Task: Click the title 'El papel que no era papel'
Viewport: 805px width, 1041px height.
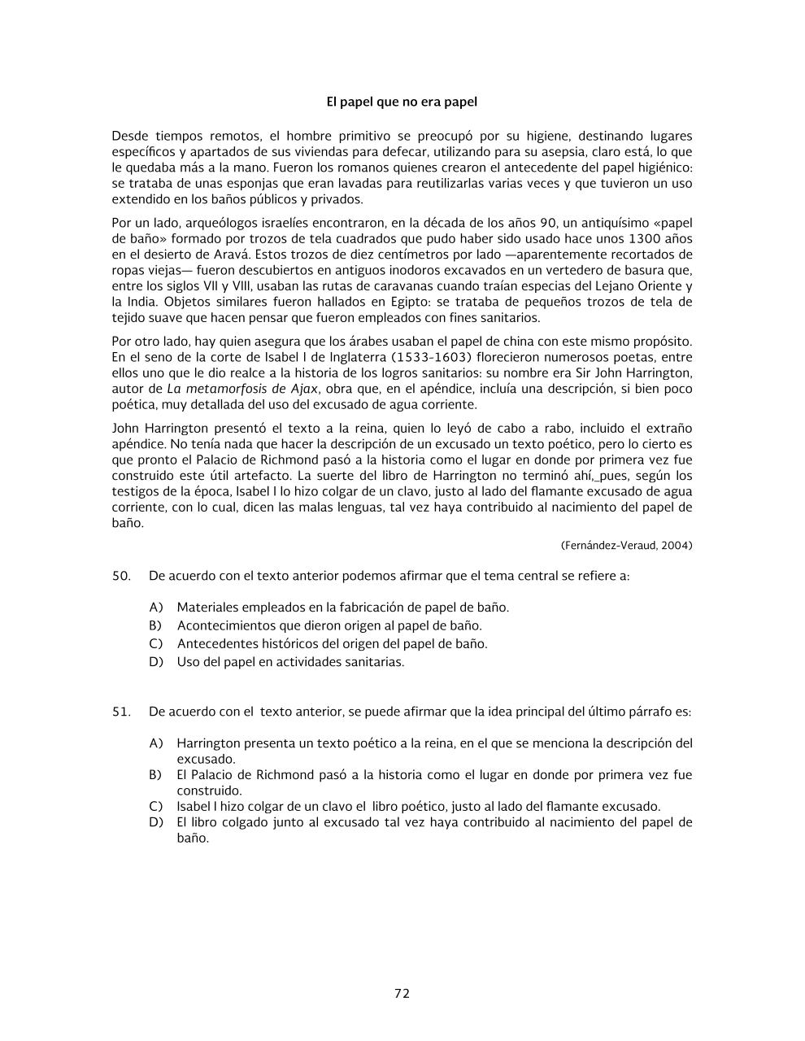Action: pyautogui.click(x=402, y=102)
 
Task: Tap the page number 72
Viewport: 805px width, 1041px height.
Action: pyautogui.click(x=402, y=993)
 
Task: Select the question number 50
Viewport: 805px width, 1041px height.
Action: pyautogui.click(x=121, y=576)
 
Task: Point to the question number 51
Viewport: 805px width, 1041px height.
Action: pyautogui.click(x=121, y=712)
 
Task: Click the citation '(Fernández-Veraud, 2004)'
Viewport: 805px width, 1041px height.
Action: pyautogui.click(x=626, y=546)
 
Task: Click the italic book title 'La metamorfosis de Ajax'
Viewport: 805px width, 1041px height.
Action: pyautogui.click(x=242, y=389)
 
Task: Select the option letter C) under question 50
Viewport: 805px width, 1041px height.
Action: pyautogui.click(x=156, y=644)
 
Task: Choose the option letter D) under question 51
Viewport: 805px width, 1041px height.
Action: pyautogui.click(x=156, y=822)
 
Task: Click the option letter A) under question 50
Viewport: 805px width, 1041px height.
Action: pyautogui.click(x=156, y=608)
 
